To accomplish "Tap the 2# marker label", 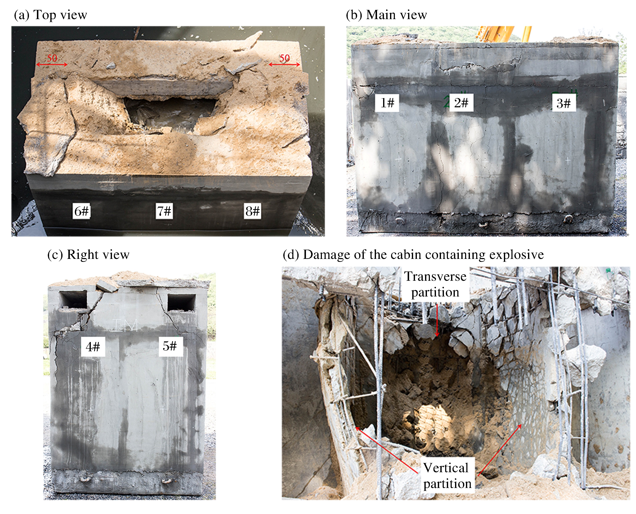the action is coord(461,103).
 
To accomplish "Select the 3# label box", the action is coord(564,103).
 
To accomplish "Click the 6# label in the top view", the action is coord(81,211).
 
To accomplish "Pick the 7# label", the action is coord(164,211).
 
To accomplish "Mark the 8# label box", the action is coord(252,211).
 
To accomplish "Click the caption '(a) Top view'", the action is coord(51,15).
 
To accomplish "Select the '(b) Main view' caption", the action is coord(386,15).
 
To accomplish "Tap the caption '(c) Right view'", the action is coord(88,255).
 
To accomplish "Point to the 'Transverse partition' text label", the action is coord(435,284).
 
